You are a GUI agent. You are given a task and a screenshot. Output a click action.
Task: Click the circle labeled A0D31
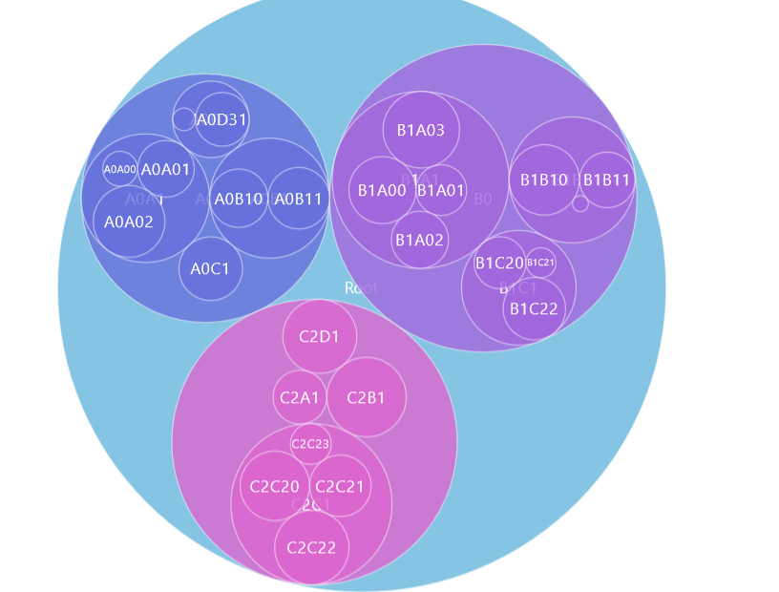click(x=221, y=119)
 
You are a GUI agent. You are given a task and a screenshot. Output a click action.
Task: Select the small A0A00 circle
click(x=120, y=169)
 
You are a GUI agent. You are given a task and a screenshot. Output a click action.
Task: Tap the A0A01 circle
click(x=166, y=169)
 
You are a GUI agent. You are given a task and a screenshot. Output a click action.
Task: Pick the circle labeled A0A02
click(x=129, y=222)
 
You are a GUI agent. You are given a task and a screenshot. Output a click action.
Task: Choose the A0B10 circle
click(x=239, y=199)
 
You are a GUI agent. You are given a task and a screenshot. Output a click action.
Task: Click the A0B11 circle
click(x=298, y=199)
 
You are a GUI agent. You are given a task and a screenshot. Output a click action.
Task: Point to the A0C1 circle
click(x=210, y=268)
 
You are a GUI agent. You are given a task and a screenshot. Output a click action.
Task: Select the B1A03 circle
click(x=421, y=130)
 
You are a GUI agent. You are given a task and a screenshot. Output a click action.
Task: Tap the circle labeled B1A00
click(x=382, y=190)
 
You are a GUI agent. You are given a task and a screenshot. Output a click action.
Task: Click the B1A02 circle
click(x=420, y=240)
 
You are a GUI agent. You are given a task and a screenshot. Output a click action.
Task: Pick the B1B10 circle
click(x=543, y=180)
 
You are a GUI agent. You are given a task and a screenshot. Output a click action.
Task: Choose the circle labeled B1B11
click(x=606, y=180)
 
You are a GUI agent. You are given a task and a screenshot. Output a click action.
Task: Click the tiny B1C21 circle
click(x=540, y=263)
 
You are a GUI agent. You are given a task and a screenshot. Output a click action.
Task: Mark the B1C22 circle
click(x=534, y=307)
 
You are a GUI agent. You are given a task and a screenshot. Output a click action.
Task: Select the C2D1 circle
click(x=320, y=336)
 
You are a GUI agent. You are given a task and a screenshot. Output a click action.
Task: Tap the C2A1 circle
click(x=300, y=397)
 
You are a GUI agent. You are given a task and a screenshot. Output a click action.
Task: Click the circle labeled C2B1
click(x=367, y=397)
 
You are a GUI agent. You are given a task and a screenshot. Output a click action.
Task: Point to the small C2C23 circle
click(x=310, y=443)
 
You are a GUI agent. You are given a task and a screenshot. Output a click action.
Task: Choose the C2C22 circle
click(x=312, y=548)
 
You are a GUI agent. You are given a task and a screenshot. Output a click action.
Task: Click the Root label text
click(x=361, y=287)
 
